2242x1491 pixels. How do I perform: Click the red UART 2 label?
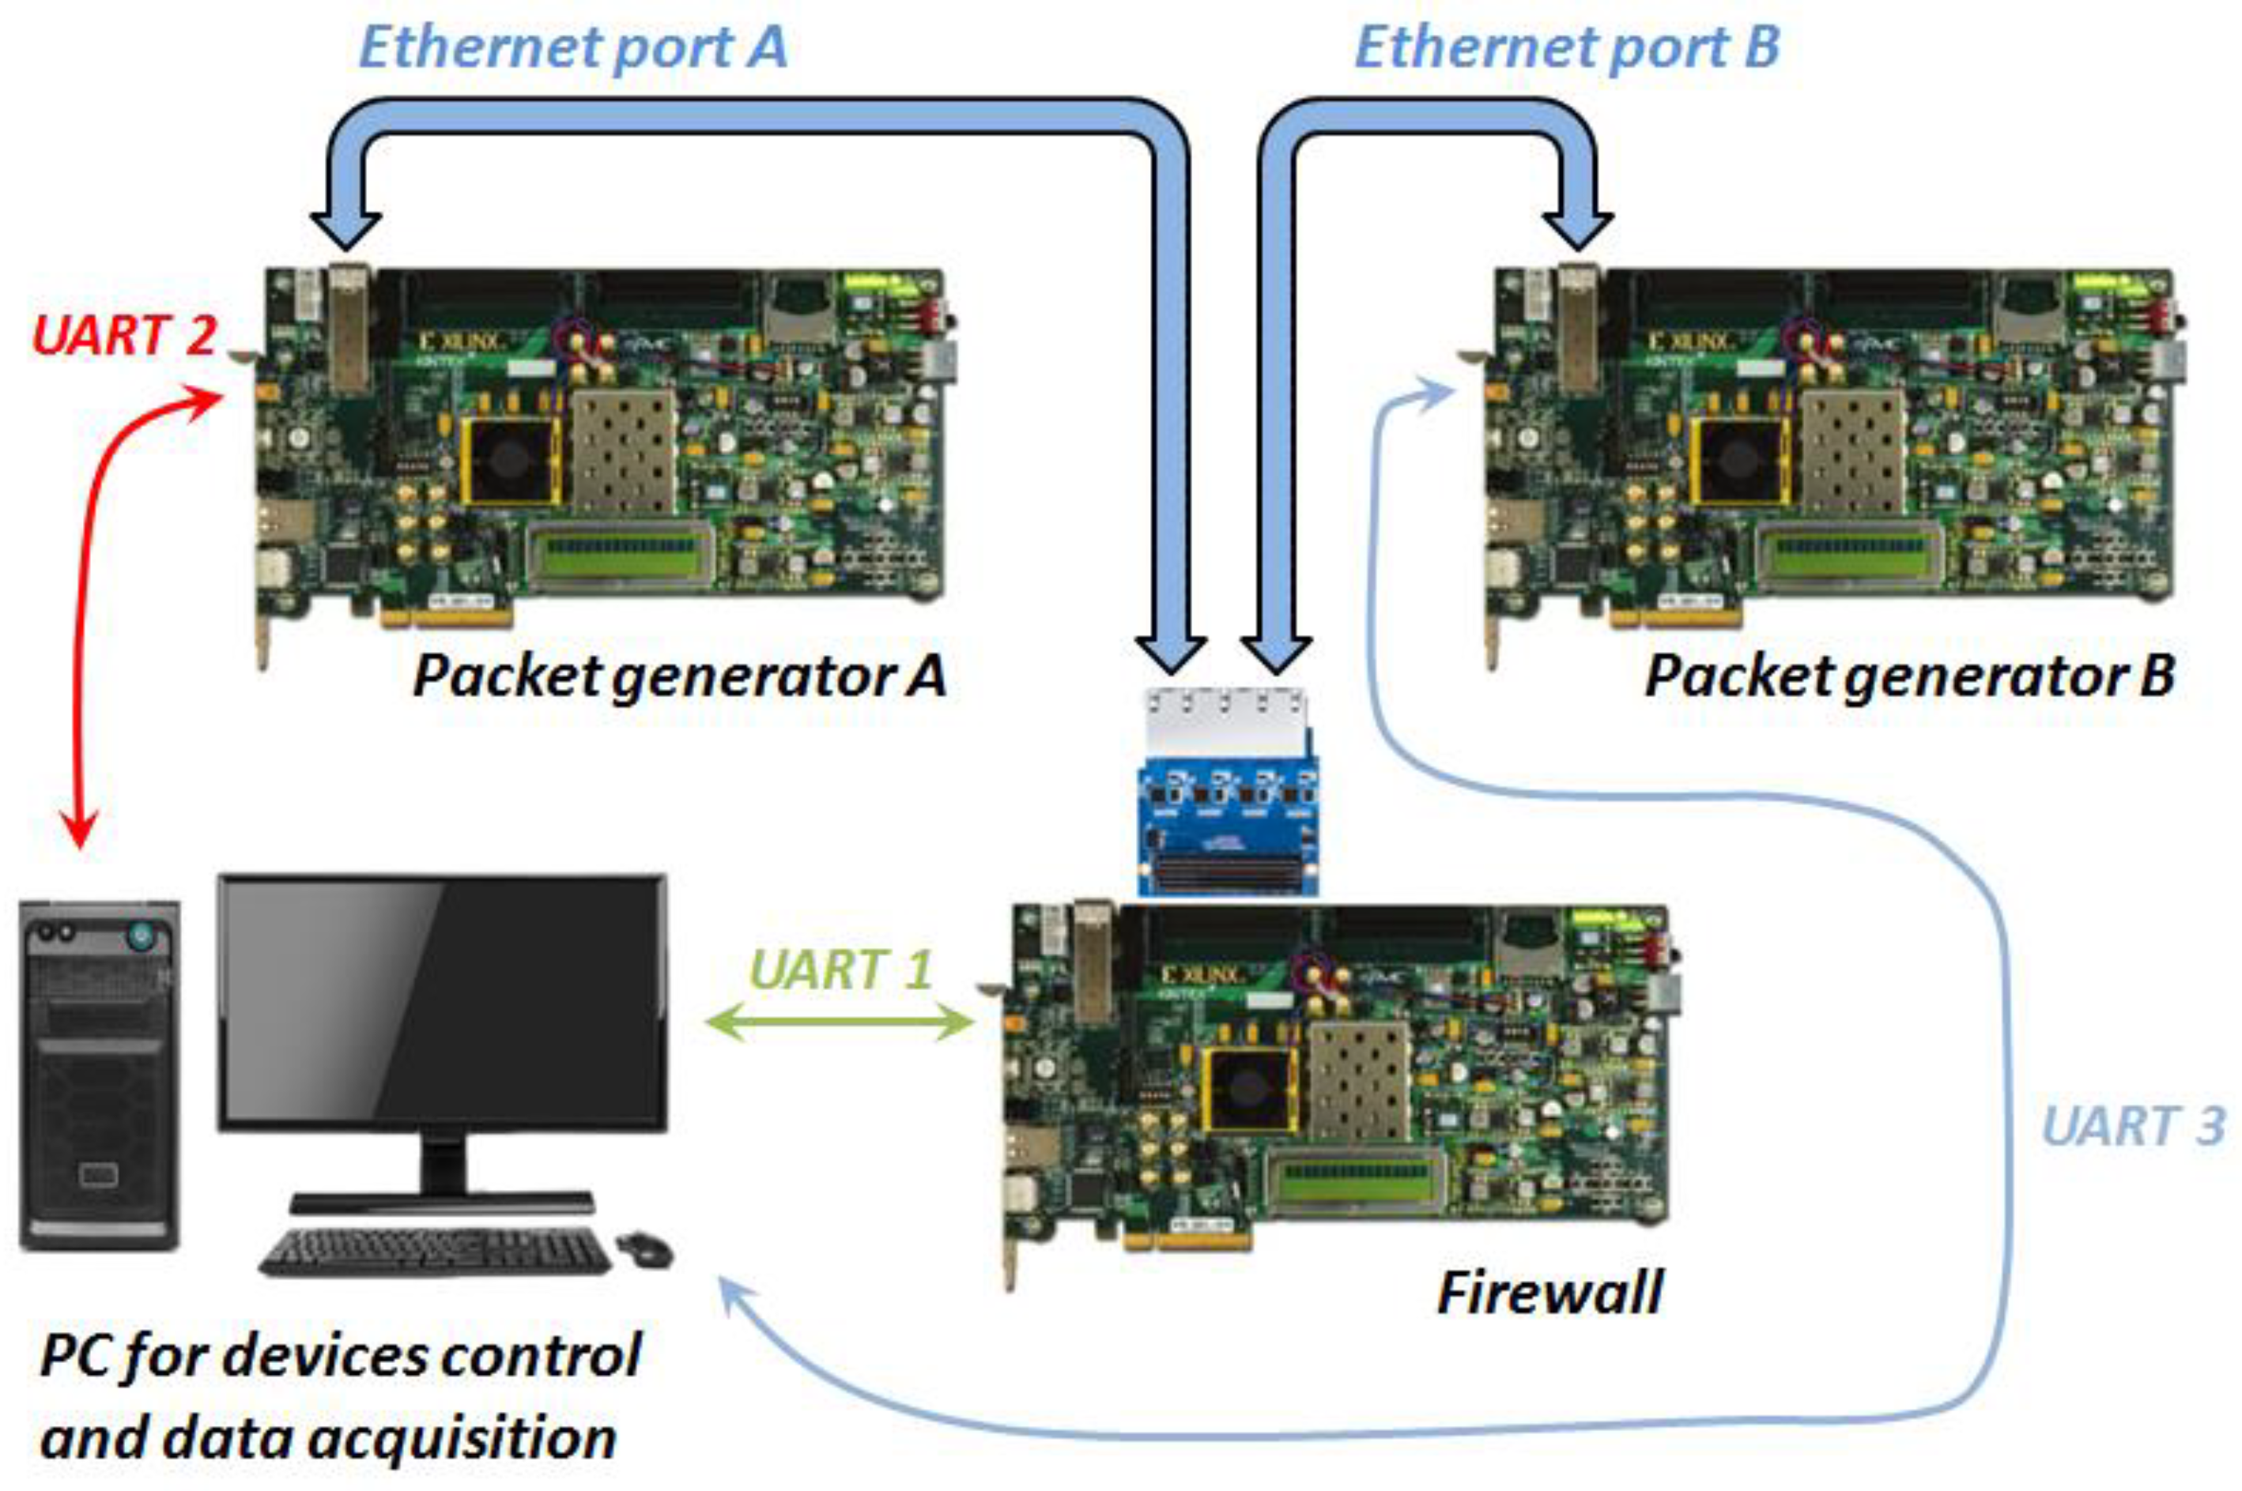123,335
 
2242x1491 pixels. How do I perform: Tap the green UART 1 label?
839,971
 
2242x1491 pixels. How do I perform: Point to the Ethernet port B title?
1567,47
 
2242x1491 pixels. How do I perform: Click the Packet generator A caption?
679,675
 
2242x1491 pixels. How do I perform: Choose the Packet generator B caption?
1910,675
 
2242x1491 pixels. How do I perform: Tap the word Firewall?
1549,1293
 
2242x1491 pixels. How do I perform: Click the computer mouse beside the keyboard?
644,1248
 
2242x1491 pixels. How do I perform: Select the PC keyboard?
435,1252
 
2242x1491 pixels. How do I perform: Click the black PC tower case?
99,1075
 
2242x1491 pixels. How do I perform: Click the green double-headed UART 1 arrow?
839,1022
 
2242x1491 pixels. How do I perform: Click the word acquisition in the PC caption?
463,1439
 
